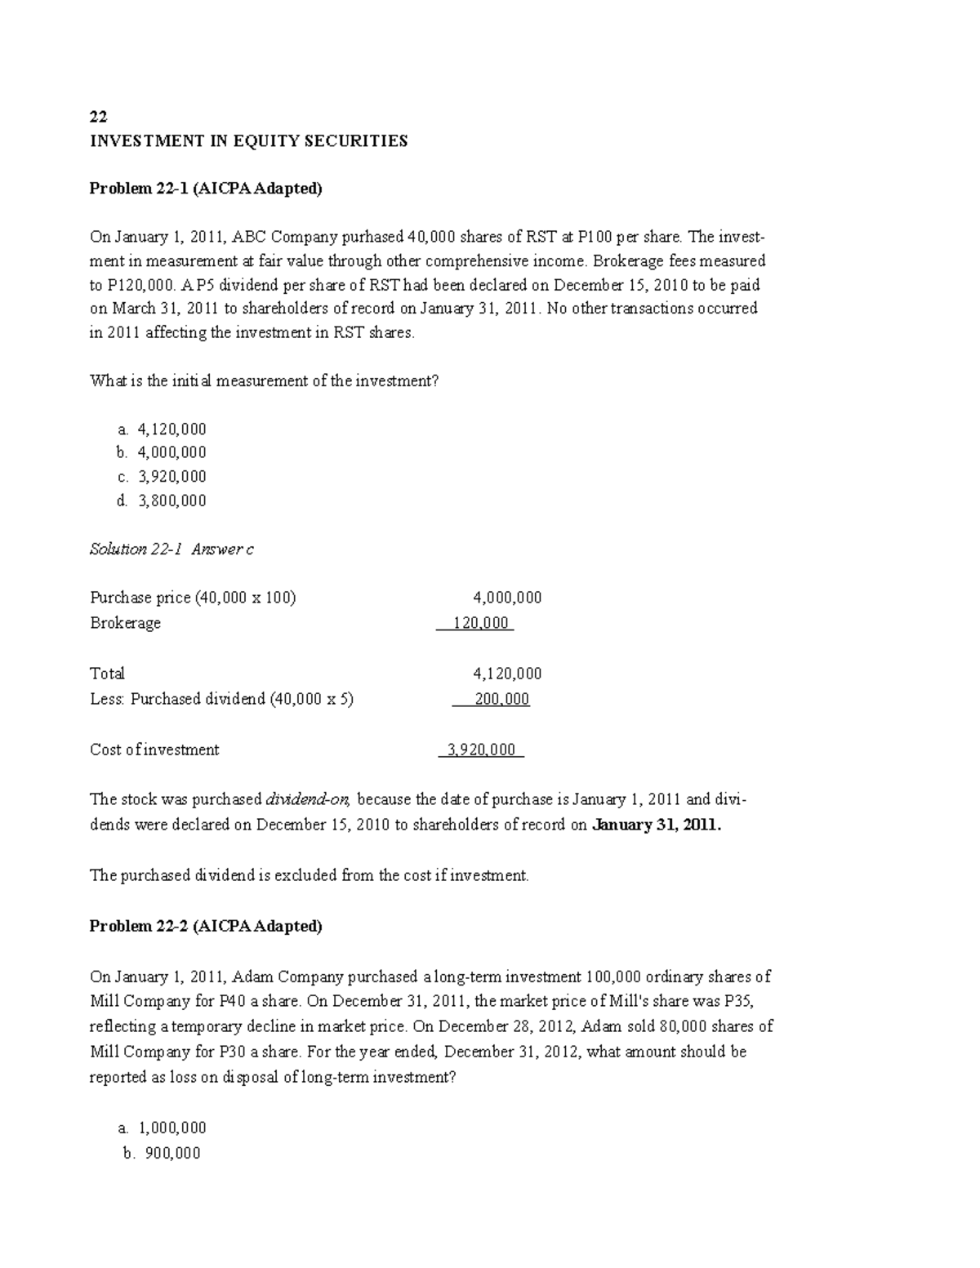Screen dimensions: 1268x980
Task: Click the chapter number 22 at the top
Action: pyautogui.click(x=98, y=117)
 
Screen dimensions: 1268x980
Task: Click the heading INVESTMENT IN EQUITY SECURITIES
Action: pyautogui.click(x=248, y=141)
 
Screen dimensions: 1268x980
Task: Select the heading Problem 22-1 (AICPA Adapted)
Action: pyautogui.click(x=206, y=189)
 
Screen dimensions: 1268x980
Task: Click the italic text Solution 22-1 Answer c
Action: pyautogui.click(x=171, y=549)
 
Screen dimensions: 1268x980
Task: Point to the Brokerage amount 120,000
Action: pyautogui.click(x=481, y=623)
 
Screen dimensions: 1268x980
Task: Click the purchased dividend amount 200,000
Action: pyautogui.click(x=501, y=699)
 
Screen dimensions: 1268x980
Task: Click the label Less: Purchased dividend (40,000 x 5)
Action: pyautogui.click(x=221, y=699)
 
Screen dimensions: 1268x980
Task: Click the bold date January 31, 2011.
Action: pyautogui.click(x=657, y=825)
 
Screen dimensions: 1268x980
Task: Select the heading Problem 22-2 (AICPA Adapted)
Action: pyautogui.click(x=206, y=926)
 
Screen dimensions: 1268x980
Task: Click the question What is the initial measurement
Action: pyautogui.click(x=264, y=381)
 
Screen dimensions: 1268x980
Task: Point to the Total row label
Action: pyautogui.click(x=107, y=674)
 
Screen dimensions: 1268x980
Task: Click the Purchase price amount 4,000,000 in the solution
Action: pyautogui.click(x=507, y=598)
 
